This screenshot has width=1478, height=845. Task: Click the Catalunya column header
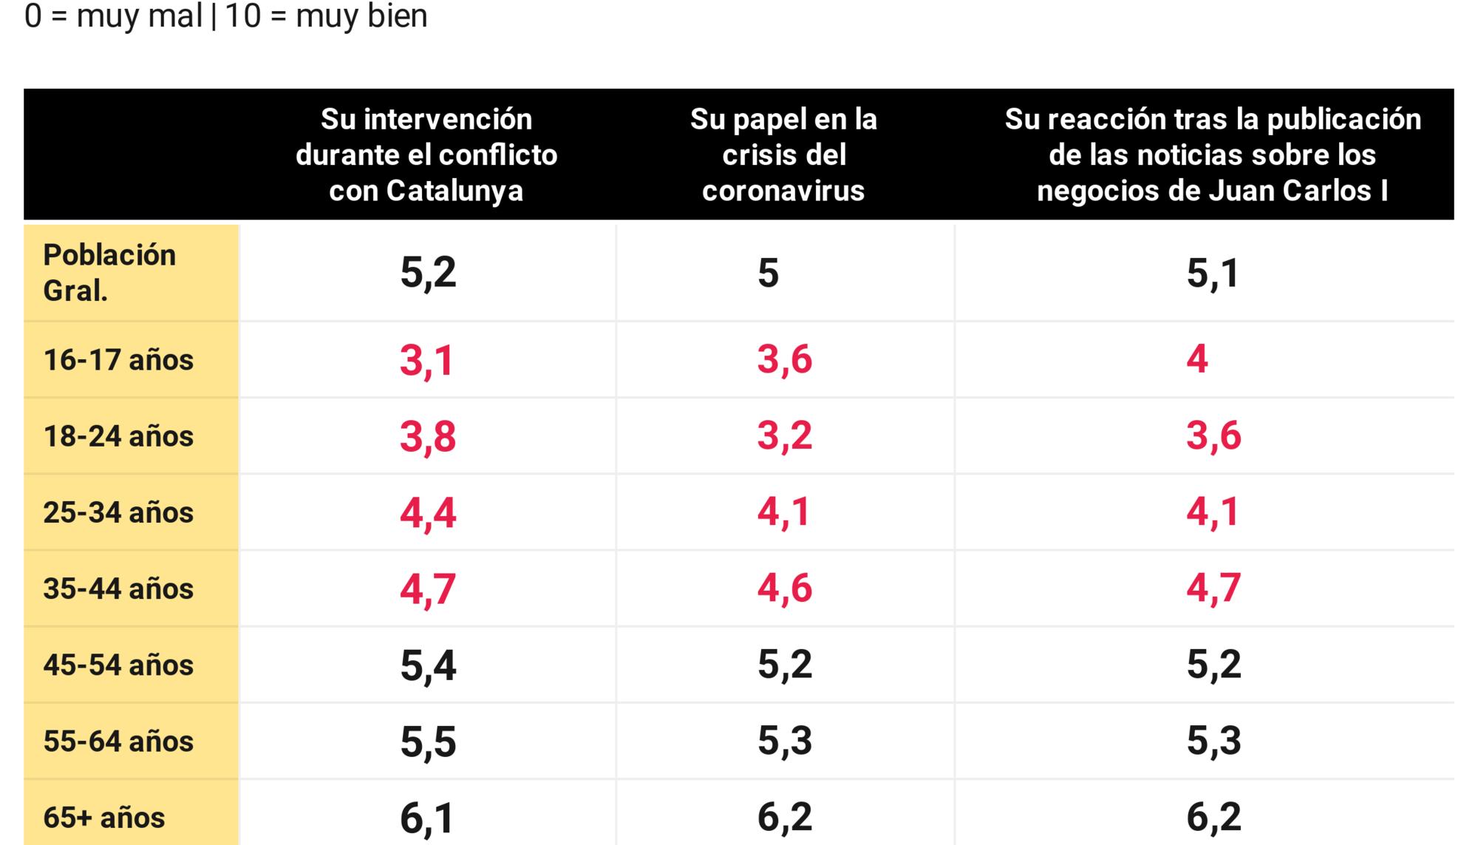click(x=426, y=155)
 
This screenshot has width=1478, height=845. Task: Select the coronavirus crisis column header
click(x=783, y=155)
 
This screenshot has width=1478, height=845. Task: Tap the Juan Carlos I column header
click(x=1213, y=155)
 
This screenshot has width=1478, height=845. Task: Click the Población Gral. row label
click(x=109, y=273)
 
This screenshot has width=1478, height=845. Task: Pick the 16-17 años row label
click(x=118, y=360)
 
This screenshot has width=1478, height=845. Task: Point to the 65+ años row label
click(x=104, y=818)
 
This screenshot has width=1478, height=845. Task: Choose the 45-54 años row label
click(x=118, y=665)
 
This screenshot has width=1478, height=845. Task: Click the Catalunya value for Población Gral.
click(x=428, y=273)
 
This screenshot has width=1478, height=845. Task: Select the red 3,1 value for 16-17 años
click(x=426, y=361)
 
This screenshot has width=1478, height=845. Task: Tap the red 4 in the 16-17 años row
click(x=1197, y=359)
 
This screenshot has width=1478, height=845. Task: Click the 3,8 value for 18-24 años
click(x=428, y=436)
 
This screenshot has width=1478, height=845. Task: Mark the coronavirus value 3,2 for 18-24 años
click(x=784, y=435)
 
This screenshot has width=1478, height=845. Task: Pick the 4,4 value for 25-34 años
click(x=428, y=513)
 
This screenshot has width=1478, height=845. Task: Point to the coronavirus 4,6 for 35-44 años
click(x=784, y=588)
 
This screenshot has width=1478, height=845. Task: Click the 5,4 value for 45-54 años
click(x=428, y=665)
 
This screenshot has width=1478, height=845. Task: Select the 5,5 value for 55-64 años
click(x=428, y=742)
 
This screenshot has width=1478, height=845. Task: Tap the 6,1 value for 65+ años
click(x=426, y=818)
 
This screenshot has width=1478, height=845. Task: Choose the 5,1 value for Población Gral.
click(x=1213, y=273)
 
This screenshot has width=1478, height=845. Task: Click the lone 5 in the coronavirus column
click(x=768, y=273)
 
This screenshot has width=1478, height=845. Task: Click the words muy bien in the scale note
click(x=361, y=16)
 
